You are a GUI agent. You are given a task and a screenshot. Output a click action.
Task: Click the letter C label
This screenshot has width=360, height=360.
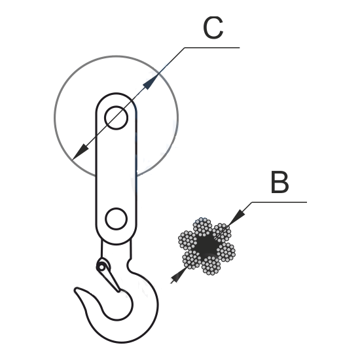coord(213,27)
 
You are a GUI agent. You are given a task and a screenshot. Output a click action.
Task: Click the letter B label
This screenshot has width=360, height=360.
coord(279,182)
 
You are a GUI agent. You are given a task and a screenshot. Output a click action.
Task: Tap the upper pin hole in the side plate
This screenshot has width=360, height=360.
coord(116,118)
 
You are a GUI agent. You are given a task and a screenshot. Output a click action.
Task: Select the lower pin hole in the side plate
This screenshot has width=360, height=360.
coord(116,219)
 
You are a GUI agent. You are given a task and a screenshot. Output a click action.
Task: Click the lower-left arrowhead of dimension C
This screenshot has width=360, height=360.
coord(80,152)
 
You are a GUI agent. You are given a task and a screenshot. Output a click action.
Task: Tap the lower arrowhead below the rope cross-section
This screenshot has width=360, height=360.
coord(179,276)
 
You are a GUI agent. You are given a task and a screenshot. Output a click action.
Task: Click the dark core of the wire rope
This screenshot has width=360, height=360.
coord(207,246)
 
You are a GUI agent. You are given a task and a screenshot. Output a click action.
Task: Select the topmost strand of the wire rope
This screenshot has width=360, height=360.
coord(202,227)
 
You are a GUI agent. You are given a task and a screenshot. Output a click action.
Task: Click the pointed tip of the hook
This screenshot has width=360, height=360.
coord(76,290)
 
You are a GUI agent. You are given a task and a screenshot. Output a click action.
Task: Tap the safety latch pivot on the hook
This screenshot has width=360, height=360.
coord(101,267)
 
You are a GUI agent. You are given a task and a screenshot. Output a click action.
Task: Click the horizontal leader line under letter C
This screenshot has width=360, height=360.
coord(212,48)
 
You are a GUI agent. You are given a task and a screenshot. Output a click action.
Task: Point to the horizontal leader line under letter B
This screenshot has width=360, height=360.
coord(279,202)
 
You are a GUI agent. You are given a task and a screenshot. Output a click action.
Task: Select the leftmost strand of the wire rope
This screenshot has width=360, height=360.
coord(188,240)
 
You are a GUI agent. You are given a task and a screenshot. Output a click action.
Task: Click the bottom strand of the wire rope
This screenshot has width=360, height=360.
coord(211,265)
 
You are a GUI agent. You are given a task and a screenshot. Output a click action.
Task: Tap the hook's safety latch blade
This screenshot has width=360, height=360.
coord(109,279)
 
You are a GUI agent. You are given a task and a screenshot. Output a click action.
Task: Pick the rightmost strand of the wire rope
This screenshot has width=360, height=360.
coord(226,252)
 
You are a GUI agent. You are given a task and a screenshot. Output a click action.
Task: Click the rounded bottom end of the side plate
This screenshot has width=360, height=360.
coord(116,244)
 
